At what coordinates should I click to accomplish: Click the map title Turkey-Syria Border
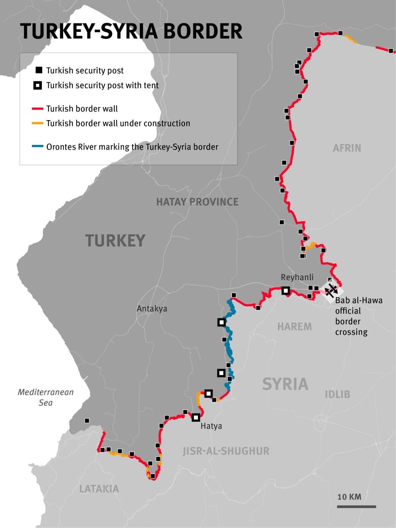[131, 31]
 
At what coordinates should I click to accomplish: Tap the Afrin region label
[347, 148]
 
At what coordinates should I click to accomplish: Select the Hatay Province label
[197, 202]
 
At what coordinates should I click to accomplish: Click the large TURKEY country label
[115, 241]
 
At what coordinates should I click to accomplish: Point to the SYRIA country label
[285, 384]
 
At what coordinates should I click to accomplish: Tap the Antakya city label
[152, 309]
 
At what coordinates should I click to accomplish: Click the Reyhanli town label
[297, 277]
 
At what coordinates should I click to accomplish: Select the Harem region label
[294, 327]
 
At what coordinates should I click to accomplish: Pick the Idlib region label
[337, 394]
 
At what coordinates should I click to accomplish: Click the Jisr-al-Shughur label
[226, 451]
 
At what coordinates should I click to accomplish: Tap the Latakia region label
[99, 489]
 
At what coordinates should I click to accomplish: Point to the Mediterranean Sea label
[46, 397]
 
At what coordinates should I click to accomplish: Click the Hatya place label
[211, 426]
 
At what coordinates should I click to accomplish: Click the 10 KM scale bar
[356, 506]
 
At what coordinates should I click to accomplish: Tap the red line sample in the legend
[38, 109]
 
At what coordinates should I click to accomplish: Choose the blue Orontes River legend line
[38, 147]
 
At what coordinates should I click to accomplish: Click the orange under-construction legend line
[38, 124]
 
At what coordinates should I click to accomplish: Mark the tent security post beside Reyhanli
[286, 290]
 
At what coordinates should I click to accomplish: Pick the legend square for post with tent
[38, 86]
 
